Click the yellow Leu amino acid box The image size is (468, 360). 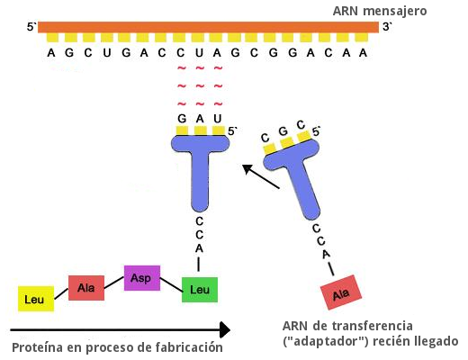[36, 299]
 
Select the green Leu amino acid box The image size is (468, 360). [200, 290]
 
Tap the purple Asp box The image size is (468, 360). [142, 278]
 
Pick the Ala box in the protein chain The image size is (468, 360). [86, 288]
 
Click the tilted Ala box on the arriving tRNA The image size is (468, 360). [341, 292]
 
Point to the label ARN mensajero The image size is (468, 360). [380, 11]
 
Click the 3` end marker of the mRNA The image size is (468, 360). [387, 27]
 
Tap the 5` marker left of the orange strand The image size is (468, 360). [31, 27]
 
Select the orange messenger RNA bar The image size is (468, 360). [208, 27]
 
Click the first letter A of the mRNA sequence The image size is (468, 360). [51, 53]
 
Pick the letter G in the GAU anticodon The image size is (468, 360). [182, 119]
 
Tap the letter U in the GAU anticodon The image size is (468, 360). [218, 119]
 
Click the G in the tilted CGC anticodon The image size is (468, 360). [283, 131]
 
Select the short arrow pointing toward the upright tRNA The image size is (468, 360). [261, 176]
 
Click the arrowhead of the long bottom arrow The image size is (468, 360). [225, 330]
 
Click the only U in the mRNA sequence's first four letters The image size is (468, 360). [107, 53]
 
